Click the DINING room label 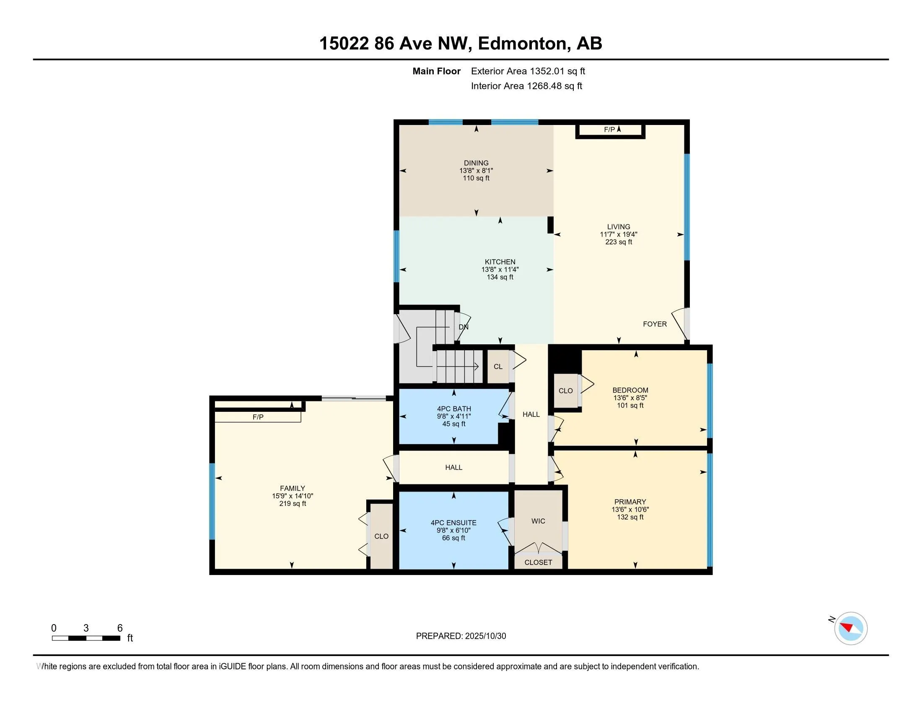coord(476,163)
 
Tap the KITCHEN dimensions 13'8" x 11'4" coord(500,270)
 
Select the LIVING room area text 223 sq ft coord(619,242)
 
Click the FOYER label coord(654,324)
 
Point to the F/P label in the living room coord(609,130)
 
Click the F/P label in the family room coord(258,417)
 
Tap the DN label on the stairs coord(463,327)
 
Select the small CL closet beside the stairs coord(498,367)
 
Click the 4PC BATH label coord(454,409)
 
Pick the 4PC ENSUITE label coord(453,523)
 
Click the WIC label coord(538,521)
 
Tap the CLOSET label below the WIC coord(538,562)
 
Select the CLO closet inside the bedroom coord(565,391)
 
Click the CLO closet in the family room coord(381,536)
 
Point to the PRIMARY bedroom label coord(630,502)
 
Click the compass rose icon coord(850,628)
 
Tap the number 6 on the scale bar coord(120,628)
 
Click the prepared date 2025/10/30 coord(485,636)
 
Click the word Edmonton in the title coord(522,44)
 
